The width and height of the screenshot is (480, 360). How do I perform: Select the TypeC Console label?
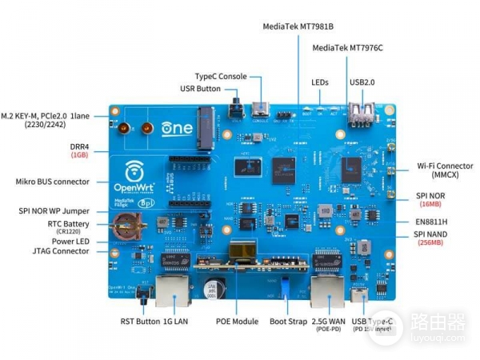(x=221, y=76)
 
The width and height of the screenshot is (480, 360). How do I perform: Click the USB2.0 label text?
(x=362, y=82)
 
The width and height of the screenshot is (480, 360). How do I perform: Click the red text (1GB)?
(x=79, y=155)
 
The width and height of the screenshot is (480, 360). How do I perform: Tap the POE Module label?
(x=237, y=321)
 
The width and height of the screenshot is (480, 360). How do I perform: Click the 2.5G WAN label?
(x=329, y=321)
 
